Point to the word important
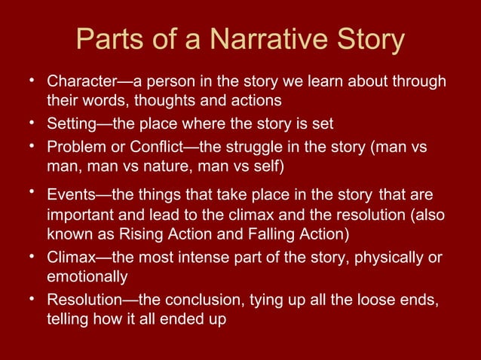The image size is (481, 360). pos(79,215)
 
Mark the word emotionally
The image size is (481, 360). pos(84,276)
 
